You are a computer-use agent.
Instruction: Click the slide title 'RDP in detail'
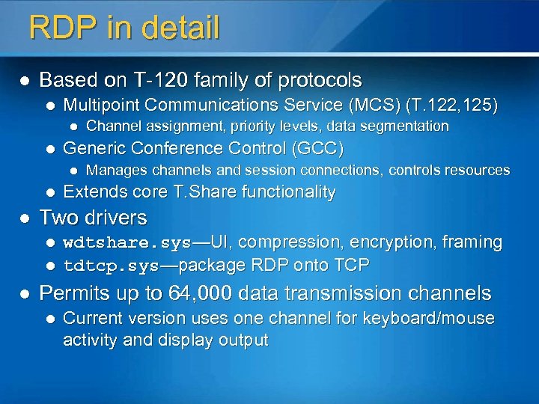[x=124, y=28]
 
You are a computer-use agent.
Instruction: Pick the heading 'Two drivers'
[x=93, y=218]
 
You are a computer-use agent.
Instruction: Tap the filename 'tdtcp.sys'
[x=111, y=266]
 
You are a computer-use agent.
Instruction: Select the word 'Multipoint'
[x=100, y=105]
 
